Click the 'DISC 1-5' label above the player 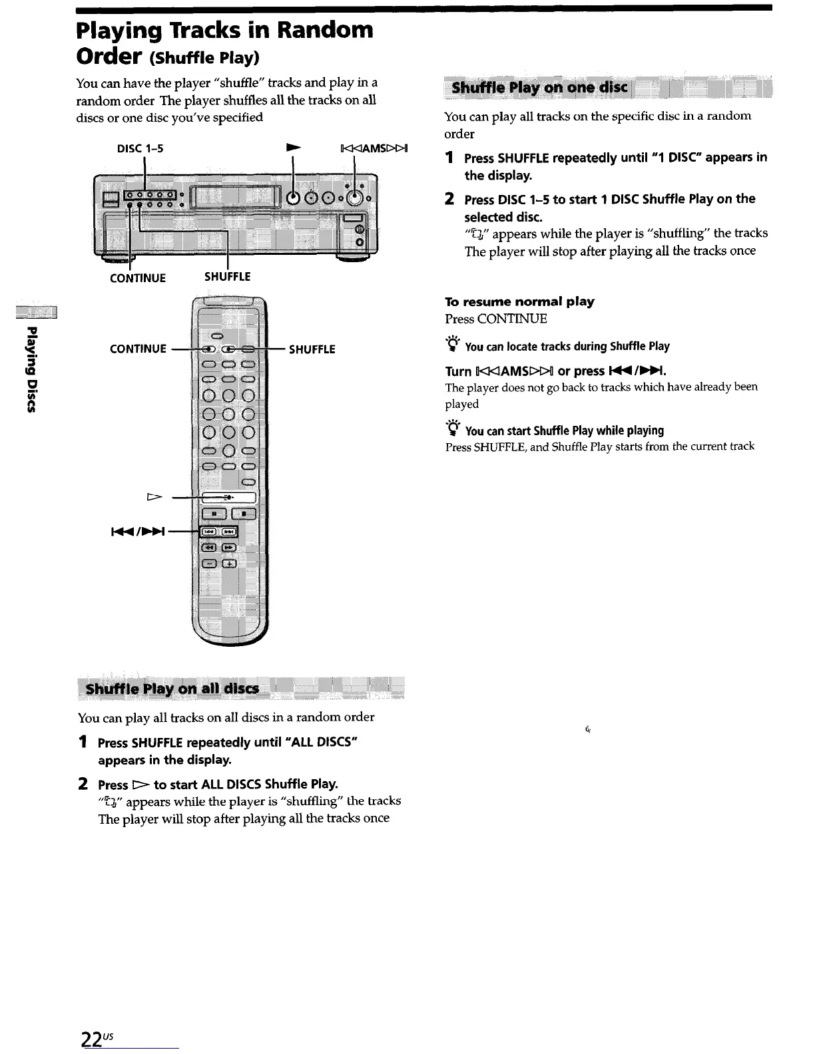pyautogui.click(x=140, y=148)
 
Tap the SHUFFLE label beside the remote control pyautogui.click(x=312, y=349)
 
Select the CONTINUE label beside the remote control pyautogui.click(x=138, y=349)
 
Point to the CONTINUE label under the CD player pyautogui.click(x=138, y=278)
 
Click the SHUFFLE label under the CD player pyautogui.click(x=228, y=276)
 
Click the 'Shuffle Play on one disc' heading pyautogui.click(x=539, y=88)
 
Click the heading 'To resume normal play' pyautogui.click(x=519, y=301)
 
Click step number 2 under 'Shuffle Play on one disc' pyautogui.click(x=450, y=199)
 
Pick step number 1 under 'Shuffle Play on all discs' pyautogui.click(x=83, y=741)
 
